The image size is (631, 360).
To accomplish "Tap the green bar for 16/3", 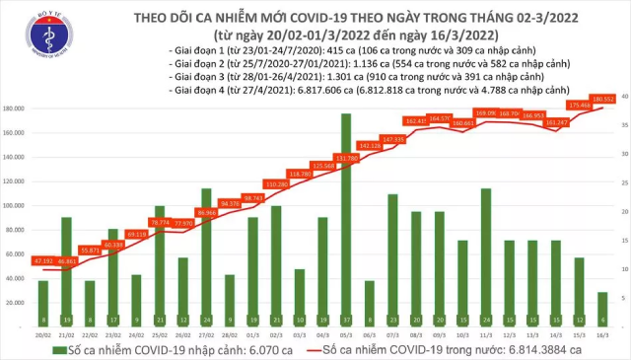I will pos(601,308).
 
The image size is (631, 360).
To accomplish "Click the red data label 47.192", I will pos(42,260).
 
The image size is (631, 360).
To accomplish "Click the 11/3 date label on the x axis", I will pos(486,336).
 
